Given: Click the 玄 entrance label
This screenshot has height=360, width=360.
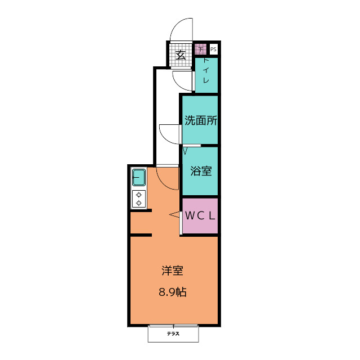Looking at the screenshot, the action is tap(181, 55).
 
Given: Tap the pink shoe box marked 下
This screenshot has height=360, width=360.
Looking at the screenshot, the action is tap(201, 49).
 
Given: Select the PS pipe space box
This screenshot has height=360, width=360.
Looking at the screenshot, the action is tap(213, 49).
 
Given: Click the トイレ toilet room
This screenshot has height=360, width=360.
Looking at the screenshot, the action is tap(206, 75).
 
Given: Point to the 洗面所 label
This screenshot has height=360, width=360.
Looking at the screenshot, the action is tap(201, 120).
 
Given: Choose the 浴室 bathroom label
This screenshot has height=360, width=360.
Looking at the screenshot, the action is tap(201, 171).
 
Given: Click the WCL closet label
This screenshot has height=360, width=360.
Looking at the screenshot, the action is tap(200, 215).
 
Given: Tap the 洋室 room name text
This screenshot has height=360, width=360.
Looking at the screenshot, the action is tap(173, 271).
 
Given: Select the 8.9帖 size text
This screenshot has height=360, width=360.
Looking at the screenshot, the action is tap(173, 292).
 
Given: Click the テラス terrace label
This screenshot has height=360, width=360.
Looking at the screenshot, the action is tap(173, 334).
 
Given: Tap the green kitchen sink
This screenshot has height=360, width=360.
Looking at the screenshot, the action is tap(139, 177).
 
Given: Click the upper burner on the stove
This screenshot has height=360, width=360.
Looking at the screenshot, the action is tap(139, 195).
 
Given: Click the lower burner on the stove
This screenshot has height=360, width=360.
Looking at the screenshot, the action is tap(139, 203).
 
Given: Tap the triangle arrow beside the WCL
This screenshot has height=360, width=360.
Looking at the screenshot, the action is tap(174, 214).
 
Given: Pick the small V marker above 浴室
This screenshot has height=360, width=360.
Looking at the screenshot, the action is tap(185, 151).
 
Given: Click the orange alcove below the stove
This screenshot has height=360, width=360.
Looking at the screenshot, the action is tap(141, 223).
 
